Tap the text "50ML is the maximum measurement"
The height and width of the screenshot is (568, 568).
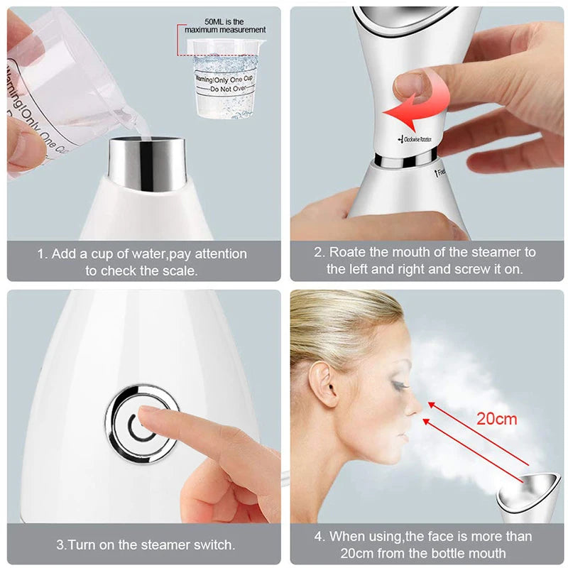pos(225,25)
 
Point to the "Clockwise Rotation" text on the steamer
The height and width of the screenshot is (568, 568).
pos(417,139)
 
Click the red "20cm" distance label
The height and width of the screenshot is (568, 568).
pos(496,418)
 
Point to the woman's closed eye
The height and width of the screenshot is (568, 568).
pos(398,384)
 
